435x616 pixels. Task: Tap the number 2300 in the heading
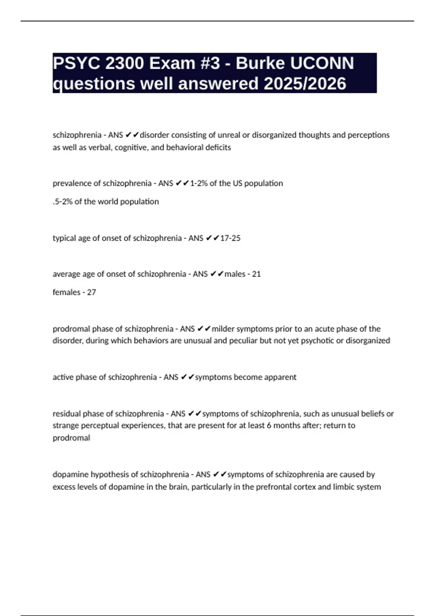[124, 63]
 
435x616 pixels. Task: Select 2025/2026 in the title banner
[305, 84]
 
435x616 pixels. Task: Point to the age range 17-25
[230, 238]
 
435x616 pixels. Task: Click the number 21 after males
[256, 274]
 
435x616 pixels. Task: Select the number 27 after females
[91, 292]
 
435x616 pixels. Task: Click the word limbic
[344, 487]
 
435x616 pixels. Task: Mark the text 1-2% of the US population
[236, 183]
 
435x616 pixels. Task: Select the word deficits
[218, 147]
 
